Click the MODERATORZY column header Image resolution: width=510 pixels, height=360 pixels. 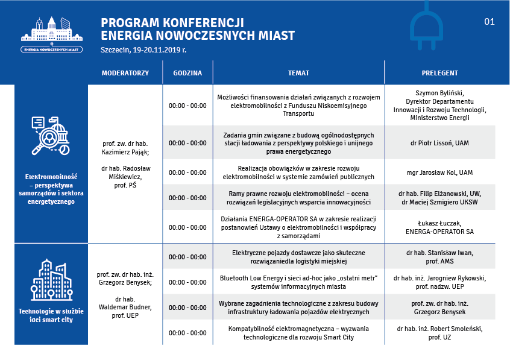pyautogui.click(x=125, y=73)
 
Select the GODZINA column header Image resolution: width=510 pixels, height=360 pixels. pyautogui.click(x=187, y=73)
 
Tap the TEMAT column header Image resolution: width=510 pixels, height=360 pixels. pyautogui.click(x=298, y=73)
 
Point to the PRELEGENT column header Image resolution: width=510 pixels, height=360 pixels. pyautogui.click(x=439, y=73)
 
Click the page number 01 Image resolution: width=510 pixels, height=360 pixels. pyautogui.click(x=490, y=22)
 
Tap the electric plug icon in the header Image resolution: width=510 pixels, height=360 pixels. pyautogui.click(x=426, y=26)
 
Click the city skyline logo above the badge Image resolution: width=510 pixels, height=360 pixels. pyautogui.click(x=52, y=30)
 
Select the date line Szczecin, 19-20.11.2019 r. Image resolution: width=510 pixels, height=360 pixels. pyautogui.click(x=143, y=50)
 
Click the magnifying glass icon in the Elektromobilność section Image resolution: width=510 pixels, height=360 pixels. pyautogui.click(x=51, y=136)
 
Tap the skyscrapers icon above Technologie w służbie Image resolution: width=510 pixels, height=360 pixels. pyautogui.click(x=51, y=280)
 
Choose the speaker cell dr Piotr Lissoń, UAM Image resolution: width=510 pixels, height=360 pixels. pyautogui.click(x=439, y=143)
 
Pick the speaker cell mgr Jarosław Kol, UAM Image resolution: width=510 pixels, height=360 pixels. pyautogui.click(x=439, y=172)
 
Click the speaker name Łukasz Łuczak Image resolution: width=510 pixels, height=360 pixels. pyautogui.click(x=439, y=223)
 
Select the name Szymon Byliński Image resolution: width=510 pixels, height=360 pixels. pyautogui.click(x=439, y=93)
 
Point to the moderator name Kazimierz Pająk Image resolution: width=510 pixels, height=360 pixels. pyautogui.click(x=125, y=152)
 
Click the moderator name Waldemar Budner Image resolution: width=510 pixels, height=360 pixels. pyautogui.click(x=125, y=307)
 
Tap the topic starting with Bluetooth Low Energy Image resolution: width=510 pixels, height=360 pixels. pyautogui.click(x=298, y=282)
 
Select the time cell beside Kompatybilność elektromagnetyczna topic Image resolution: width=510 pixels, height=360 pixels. pyautogui.click(x=187, y=333)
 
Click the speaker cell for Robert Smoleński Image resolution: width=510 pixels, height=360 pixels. pyautogui.click(x=439, y=333)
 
